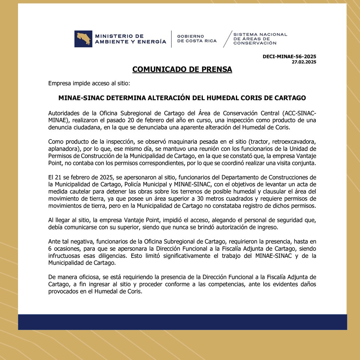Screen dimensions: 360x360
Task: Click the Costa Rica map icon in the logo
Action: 83,39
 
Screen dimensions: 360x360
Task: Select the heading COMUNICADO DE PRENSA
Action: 182,69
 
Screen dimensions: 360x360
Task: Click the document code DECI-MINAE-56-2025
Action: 289,57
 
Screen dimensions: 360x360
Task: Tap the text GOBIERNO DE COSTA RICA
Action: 196,39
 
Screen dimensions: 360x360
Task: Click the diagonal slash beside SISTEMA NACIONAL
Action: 227,39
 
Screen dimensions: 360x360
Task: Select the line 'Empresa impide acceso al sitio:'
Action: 89,83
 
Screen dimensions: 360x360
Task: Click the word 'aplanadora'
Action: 63,148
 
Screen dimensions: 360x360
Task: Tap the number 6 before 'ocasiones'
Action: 50,249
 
